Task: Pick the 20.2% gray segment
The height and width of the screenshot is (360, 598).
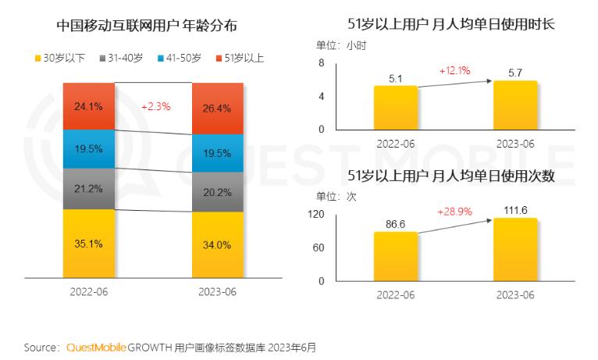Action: tap(218, 192)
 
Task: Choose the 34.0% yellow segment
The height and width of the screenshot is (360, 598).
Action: tap(218, 244)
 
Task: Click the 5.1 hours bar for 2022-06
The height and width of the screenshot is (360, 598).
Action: tap(395, 108)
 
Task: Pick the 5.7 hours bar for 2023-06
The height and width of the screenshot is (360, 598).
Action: tap(514, 105)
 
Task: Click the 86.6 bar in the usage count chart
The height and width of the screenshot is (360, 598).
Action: tap(395, 256)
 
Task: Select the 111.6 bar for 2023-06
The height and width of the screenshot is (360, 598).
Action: tap(514, 249)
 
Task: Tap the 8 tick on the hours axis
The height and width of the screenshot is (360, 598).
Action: tap(321, 62)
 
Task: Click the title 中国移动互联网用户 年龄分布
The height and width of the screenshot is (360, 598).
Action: tap(146, 25)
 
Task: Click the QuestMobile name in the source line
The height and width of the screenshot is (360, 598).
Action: tap(95, 346)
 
